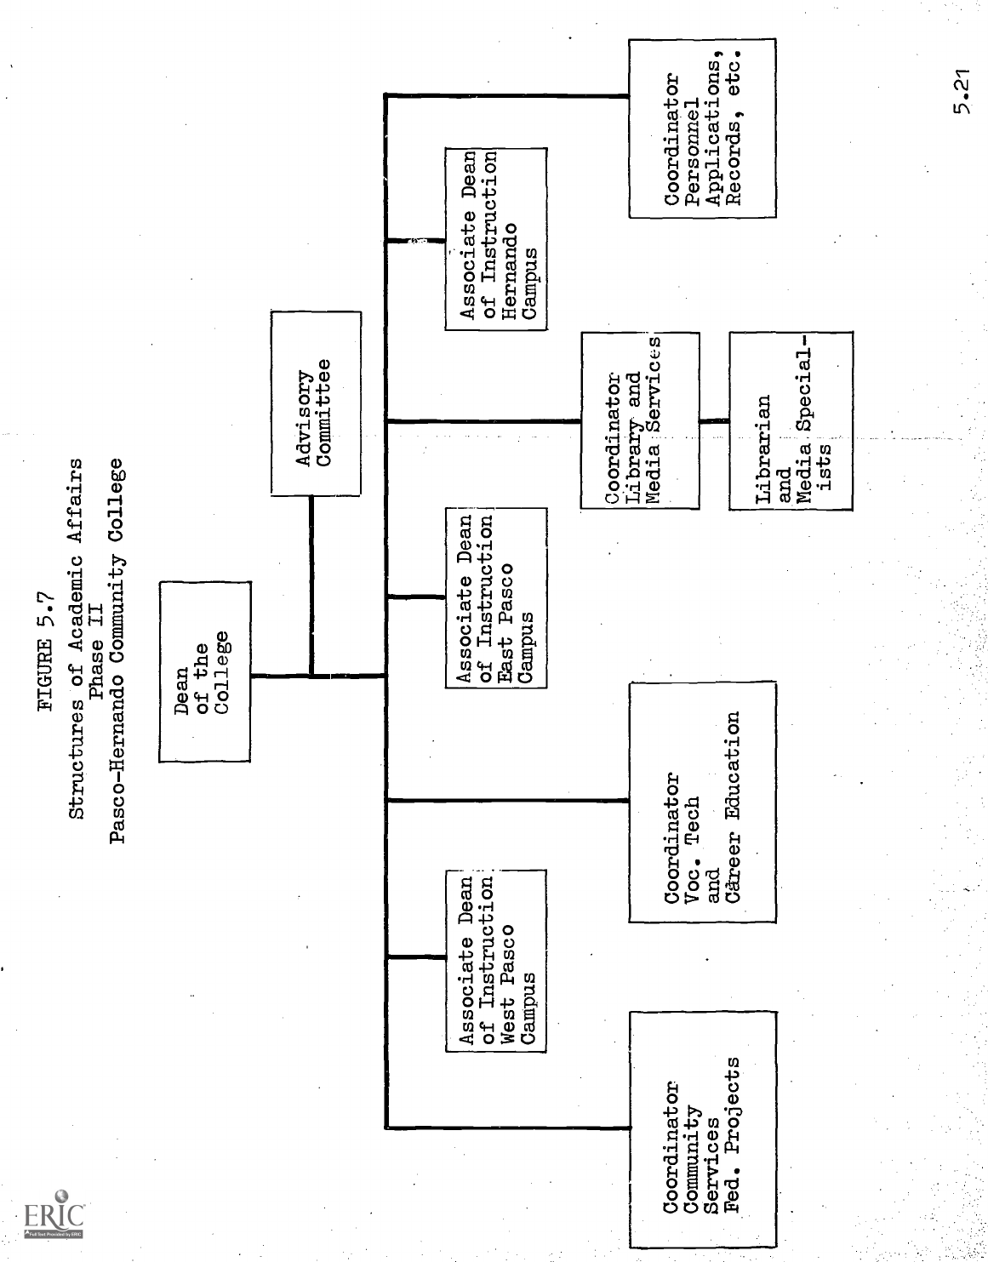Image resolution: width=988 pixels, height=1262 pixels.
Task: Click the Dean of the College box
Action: [204, 671]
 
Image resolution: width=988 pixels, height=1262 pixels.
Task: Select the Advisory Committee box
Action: [315, 403]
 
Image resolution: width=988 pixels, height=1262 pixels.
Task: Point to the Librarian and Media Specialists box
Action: [791, 420]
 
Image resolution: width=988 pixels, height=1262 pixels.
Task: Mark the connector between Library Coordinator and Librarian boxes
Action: [714, 420]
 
